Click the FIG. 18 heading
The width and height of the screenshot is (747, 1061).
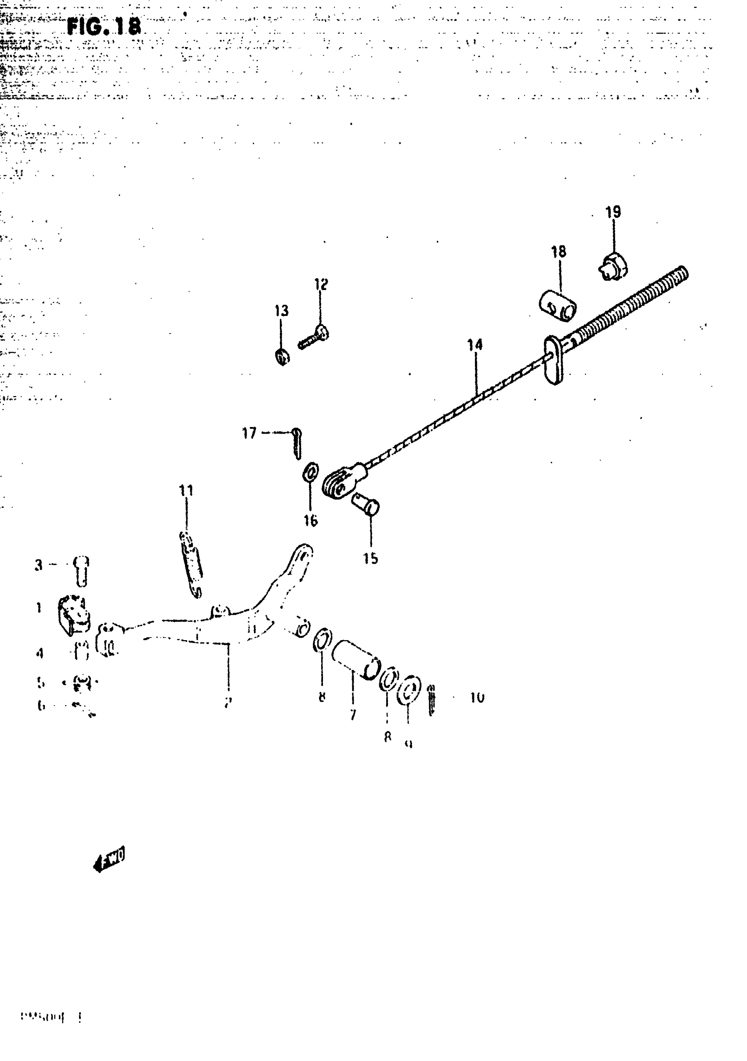coord(104,28)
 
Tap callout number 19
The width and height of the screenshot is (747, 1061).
coord(613,212)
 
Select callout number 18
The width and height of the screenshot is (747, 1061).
coord(558,252)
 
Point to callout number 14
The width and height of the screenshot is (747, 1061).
coord(475,345)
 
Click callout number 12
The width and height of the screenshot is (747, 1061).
coord(321,284)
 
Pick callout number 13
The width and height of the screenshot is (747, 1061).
coord(282,311)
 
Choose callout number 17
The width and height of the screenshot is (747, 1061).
coord(249,433)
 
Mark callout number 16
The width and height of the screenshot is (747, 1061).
coord(311,520)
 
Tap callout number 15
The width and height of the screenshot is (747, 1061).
coord(370,558)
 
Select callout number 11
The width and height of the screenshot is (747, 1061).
coord(186,490)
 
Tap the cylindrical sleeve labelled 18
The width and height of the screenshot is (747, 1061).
coord(558,305)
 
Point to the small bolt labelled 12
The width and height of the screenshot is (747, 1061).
coord(313,337)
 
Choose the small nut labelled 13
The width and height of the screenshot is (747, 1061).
coord(282,356)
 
